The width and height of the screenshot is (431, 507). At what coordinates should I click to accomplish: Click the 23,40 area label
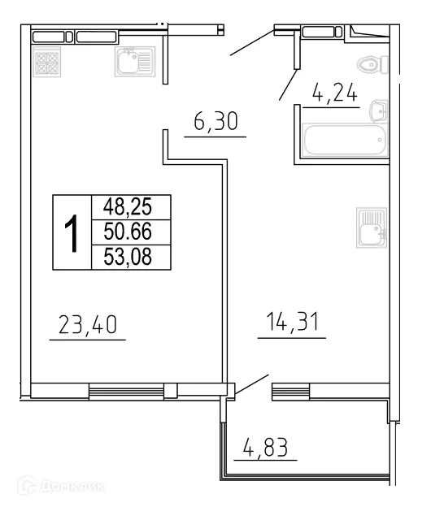pyautogui.click(x=88, y=326)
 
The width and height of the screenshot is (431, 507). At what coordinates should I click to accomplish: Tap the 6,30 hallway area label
pyautogui.click(x=215, y=124)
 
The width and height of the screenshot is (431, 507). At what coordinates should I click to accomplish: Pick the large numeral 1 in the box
pyautogui.click(x=72, y=232)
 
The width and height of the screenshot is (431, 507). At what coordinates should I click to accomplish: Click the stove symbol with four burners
pyautogui.click(x=46, y=63)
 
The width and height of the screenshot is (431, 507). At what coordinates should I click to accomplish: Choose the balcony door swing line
pyautogui.click(x=253, y=384)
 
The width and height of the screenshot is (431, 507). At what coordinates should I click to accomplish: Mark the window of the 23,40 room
pyautogui.click(x=126, y=392)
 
